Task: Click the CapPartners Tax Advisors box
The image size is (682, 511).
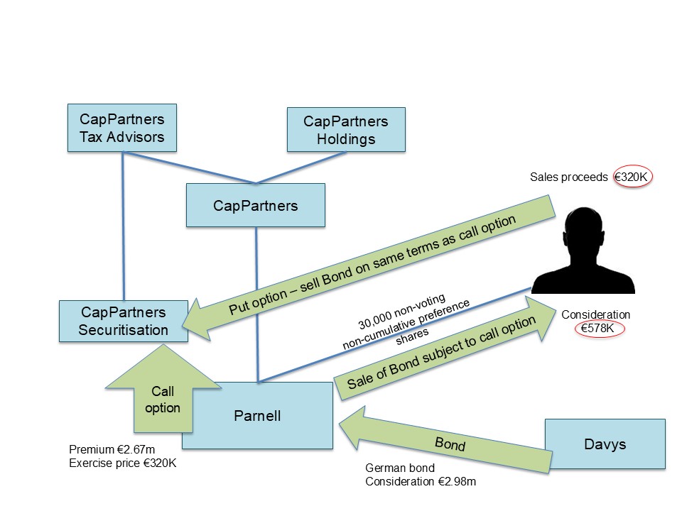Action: (x=122, y=128)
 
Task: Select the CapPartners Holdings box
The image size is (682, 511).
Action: (x=346, y=130)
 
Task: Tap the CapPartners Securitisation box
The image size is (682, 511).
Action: (x=124, y=321)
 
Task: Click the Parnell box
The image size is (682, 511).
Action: (x=257, y=416)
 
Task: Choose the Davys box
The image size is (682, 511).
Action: (x=605, y=444)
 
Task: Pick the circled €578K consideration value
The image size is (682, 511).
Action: (x=597, y=328)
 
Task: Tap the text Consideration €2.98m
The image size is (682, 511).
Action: (x=421, y=482)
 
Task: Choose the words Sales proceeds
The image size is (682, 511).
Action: (x=569, y=177)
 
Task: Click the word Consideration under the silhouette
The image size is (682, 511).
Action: (x=595, y=314)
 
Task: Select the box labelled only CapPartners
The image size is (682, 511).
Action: (x=255, y=206)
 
